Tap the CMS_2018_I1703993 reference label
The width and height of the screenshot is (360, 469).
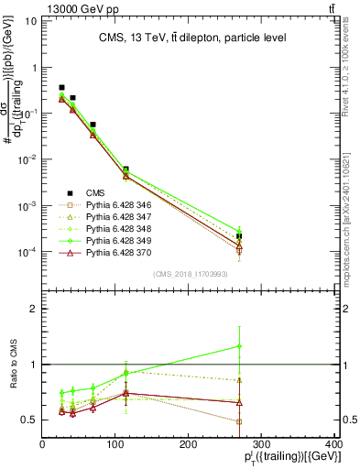click(x=187, y=274)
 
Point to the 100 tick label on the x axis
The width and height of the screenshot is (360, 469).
click(x=115, y=444)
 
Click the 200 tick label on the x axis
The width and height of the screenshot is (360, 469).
click(x=188, y=444)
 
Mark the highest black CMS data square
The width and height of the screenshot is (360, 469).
click(x=61, y=88)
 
